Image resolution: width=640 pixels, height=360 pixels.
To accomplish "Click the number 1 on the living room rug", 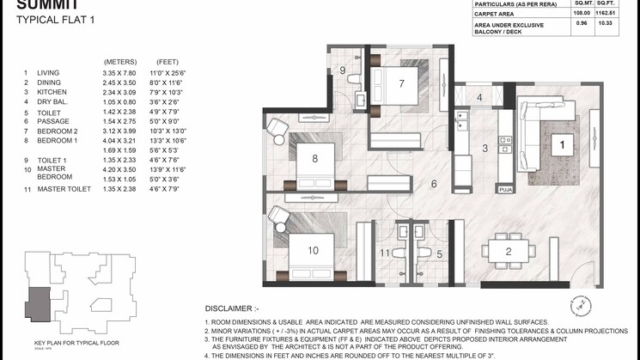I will click(x=563, y=145).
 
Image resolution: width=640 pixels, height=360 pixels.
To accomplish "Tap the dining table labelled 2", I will click(x=509, y=251).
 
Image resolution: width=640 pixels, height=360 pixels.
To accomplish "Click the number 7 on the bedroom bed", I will click(x=401, y=82).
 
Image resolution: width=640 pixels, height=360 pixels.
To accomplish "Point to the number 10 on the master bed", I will click(x=314, y=250).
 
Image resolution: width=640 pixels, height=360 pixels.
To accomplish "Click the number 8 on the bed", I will click(x=315, y=158).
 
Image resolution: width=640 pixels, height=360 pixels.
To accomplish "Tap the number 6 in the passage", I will click(x=435, y=184).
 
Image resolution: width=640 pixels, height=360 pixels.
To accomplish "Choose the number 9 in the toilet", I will click(x=342, y=70).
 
